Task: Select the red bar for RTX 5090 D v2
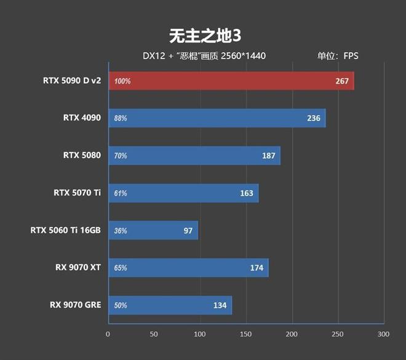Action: click(231, 81)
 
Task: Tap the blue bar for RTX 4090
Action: click(217, 118)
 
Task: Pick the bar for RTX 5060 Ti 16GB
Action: click(153, 231)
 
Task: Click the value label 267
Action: click(342, 81)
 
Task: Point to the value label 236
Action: click(314, 118)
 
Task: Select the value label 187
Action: click(268, 156)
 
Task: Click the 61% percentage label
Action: click(121, 193)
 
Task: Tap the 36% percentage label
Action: click(121, 231)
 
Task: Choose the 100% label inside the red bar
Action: click(122, 81)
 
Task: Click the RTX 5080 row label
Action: click(82, 155)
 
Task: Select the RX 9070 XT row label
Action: click(78, 267)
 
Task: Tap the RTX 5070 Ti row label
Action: click(77, 193)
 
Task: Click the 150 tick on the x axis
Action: click(245, 334)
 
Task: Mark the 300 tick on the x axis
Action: click(383, 334)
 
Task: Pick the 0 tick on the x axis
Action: click(108, 334)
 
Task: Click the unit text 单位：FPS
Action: click(338, 56)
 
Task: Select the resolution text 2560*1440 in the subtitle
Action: click(244, 56)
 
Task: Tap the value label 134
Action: click(220, 305)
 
